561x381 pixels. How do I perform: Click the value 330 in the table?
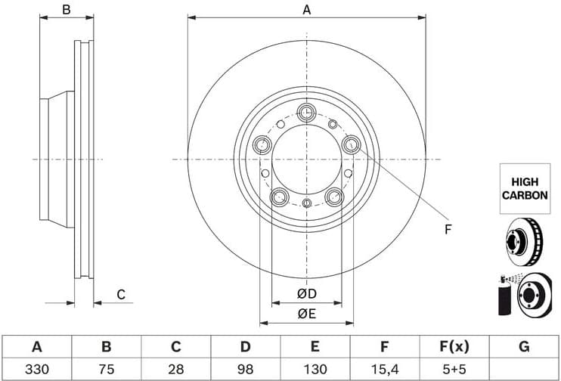36,370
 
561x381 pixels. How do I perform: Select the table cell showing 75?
106,370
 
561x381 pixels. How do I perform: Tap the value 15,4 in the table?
384,370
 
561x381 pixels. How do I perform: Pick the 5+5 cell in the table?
454,370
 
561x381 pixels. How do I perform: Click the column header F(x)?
454,347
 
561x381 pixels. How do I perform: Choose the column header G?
524,347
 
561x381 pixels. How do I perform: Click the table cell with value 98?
245,370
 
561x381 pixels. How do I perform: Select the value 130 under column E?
315,370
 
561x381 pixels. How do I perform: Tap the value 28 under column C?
175,370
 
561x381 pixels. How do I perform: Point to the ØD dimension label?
306,294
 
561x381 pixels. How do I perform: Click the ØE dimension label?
306,313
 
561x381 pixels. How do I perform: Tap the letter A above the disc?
306,10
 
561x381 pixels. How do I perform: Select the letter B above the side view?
67,10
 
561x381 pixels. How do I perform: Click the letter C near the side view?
120,294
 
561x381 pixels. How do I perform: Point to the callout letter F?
447,229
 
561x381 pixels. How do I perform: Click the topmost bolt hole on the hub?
306,113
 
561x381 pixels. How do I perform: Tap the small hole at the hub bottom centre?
306,203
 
